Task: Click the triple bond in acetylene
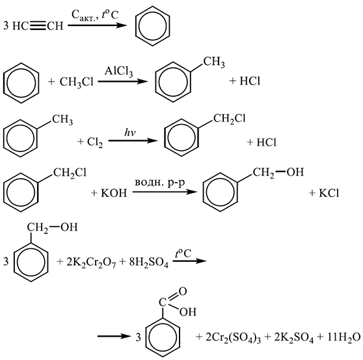pyautogui.click(x=38, y=26)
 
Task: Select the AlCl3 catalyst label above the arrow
pyautogui.click(x=118, y=71)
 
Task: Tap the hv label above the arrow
pyautogui.click(x=130, y=133)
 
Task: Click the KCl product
pyautogui.click(x=329, y=193)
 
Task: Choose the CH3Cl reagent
pyautogui.click(x=77, y=82)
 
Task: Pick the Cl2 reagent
pyautogui.click(x=95, y=142)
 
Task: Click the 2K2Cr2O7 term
pyautogui.click(x=91, y=263)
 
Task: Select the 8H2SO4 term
pyautogui.click(x=148, y=263)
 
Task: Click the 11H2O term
pyautogui.click(x=344, y=337)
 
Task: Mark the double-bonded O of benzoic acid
pyautogui.click(x=182, y=292)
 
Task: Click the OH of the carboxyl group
pyautogui.click(x=188, y=312)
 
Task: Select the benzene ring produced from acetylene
pyautogui.click(x=153, y=25)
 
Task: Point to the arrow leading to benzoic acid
pyautogui.click(x=114, y=336)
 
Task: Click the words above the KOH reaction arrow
pyautogui.click(x=160, y=183)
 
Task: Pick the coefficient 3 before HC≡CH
pyautogui.click(x=6, y=26)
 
